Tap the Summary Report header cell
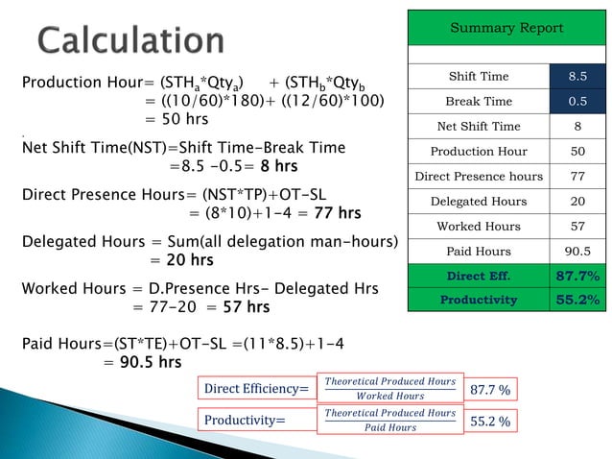coord(506,28)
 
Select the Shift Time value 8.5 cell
coord(579,77)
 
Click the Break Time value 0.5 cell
coord(579,102)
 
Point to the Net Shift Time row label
coord(479,127)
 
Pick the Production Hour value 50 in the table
coord(579,152)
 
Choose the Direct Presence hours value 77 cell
coord(579,177)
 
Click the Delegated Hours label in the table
coord(479,202)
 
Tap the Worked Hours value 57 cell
coord(579,227)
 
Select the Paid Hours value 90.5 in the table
coord(579,252)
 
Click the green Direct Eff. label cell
coord(479,277)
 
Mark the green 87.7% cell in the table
coord(579,277)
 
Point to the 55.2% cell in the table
coord(579,300)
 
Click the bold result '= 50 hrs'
coord(176,120)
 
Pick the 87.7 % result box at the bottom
coord(490,390)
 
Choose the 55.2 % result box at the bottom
coord(490,421)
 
